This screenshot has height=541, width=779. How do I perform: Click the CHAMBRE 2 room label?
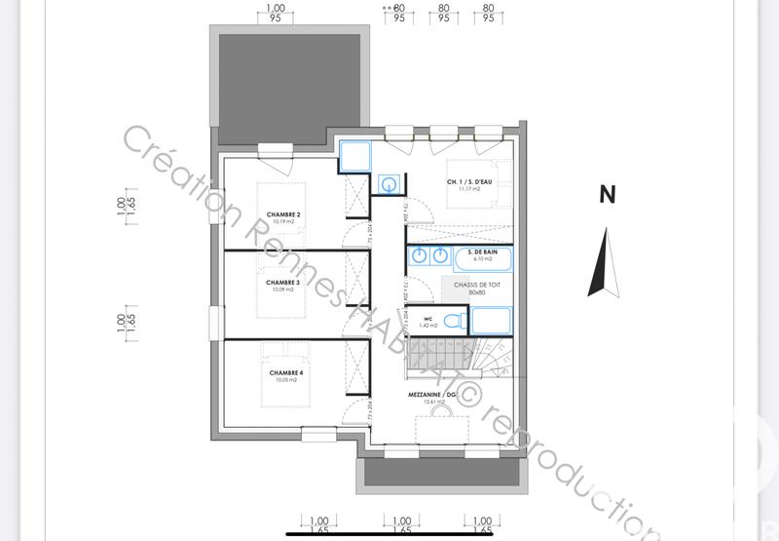(283, 213)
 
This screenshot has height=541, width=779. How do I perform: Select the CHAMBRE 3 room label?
(283, 282)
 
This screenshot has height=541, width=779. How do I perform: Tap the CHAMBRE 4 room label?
(286, 372)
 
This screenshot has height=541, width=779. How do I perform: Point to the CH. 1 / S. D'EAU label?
(469, 182)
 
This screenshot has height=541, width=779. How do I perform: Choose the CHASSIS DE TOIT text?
(476, 284)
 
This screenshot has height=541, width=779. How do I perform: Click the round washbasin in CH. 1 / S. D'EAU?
(390, 182)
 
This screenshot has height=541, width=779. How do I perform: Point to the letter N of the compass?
(607, 195)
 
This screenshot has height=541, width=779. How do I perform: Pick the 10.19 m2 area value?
(283, 222)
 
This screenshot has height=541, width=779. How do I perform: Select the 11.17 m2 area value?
(469, 190)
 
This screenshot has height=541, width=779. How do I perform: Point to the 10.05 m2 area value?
(286, 380)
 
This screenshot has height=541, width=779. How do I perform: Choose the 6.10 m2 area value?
(483, 259)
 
